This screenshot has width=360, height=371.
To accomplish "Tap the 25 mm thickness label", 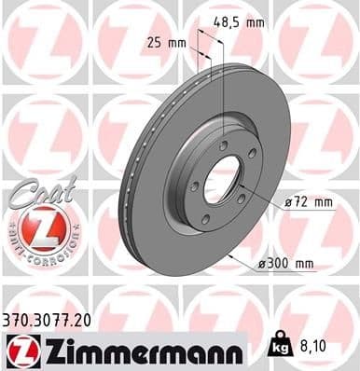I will point(167,42).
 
